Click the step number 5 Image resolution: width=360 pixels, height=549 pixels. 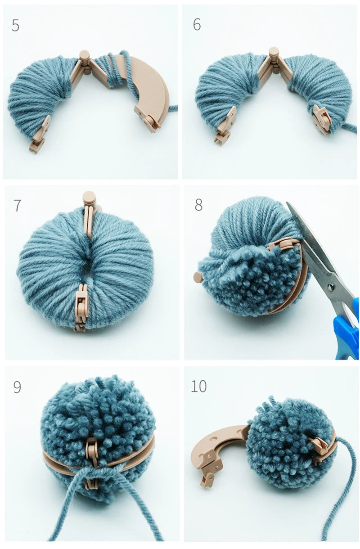[15, 26]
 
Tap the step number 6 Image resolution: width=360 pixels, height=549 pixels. [197, 25]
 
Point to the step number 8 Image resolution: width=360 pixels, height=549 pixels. [198, 205]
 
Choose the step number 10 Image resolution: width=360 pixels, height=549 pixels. [199, 386]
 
